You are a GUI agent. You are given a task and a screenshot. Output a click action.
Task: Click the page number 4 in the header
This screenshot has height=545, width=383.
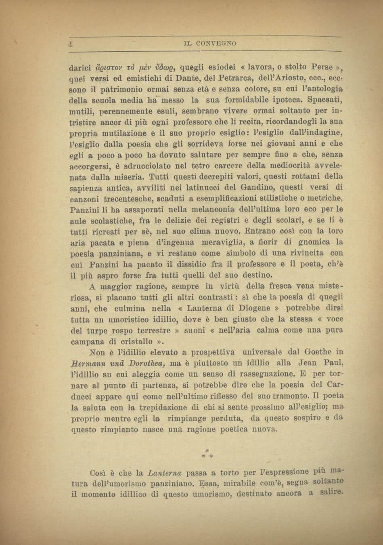coord(70,44)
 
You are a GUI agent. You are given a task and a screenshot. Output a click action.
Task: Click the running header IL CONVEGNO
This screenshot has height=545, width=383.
coord(210,43)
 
